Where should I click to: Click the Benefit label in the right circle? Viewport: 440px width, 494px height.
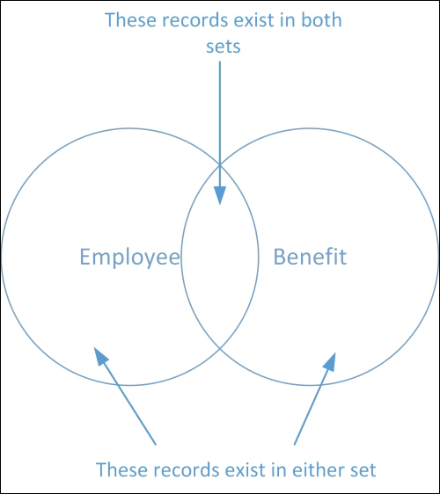click(x=310, y=257)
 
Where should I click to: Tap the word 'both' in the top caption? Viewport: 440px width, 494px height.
click(x=321, y=20)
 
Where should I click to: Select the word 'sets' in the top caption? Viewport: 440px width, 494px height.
click(x=224, y=47)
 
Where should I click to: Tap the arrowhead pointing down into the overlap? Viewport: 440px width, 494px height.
click(x=220, y=195)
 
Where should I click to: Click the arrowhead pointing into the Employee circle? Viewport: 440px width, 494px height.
click(x=101, y=356)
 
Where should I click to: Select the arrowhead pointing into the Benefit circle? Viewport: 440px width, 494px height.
click(x=330, y=361)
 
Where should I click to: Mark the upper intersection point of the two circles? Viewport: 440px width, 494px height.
click(x=220, y=164)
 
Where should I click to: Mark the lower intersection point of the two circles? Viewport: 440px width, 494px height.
click(x=220, y=348)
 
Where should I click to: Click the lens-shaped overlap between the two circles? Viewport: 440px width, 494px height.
click(x=220, y=257)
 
